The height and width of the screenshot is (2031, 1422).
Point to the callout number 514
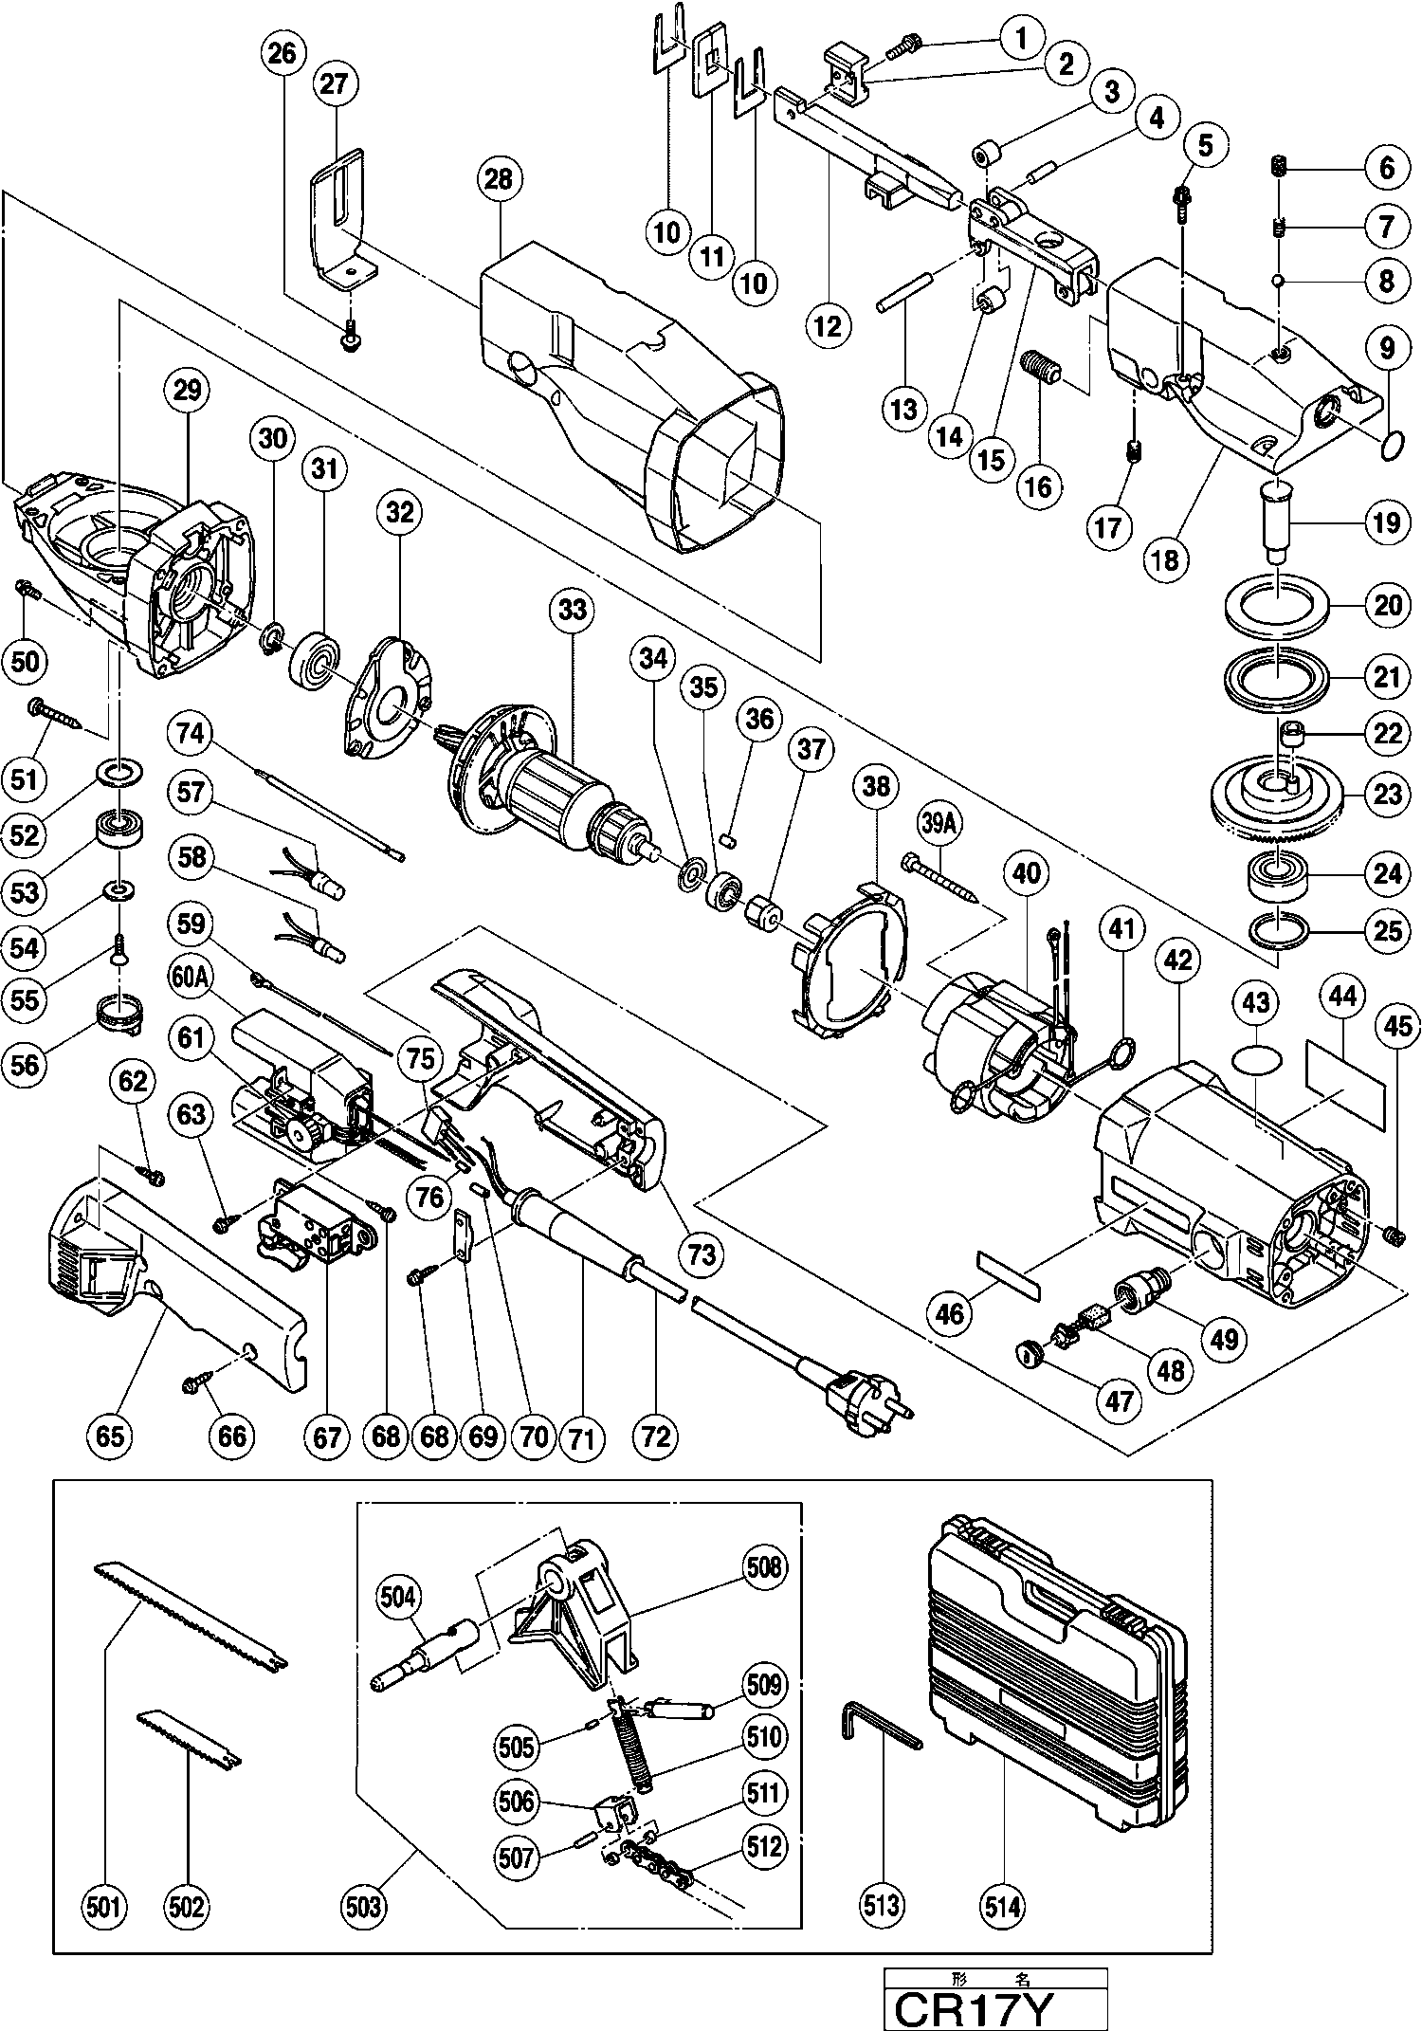(x=1003, y=1907)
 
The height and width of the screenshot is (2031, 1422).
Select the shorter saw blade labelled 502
(x=190, y=1741)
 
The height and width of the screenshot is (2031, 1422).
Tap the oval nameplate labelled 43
(x=1256, y=1058)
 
